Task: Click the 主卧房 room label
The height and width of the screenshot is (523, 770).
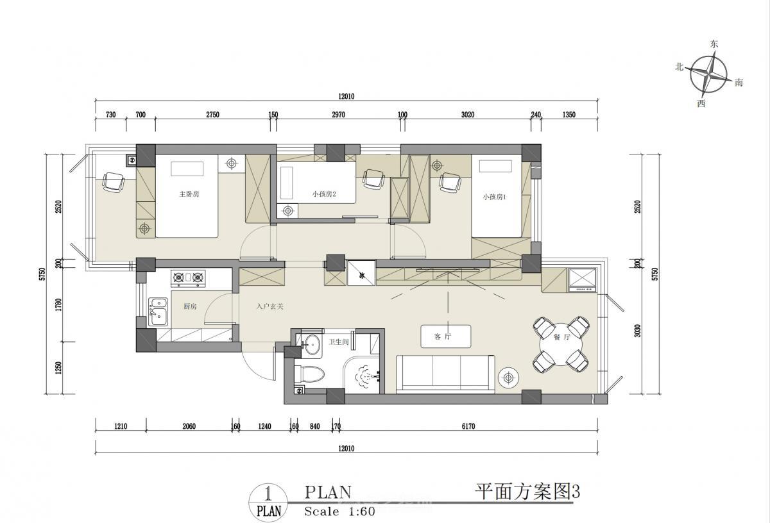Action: click(x=189, y=194)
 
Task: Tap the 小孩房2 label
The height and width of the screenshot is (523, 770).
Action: click(x=324, y=194)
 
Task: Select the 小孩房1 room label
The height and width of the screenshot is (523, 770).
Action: click(x=494, y=197)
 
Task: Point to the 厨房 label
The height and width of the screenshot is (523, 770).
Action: click(x=190, y=306)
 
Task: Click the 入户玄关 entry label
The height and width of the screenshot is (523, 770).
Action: click(x=270, y=306)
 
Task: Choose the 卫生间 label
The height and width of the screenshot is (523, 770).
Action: click(x=339, y=342)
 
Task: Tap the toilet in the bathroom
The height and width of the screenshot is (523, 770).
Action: click(x=309, y=374)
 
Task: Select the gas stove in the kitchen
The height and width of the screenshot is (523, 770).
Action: click(x=188, y=278)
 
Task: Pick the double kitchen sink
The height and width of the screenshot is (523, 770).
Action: click(x=158, y=311)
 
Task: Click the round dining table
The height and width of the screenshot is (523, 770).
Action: click(x=561, y=344)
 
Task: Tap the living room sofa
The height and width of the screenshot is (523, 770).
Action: click(x=445, y=374)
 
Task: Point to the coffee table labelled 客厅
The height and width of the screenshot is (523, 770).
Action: click(x=446, y=336)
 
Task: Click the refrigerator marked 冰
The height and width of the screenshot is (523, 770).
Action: click(x=361, y=273)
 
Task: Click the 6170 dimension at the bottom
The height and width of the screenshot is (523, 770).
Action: click(x=468, y=426)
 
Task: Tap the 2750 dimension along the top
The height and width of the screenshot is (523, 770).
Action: click(x=212, y=115)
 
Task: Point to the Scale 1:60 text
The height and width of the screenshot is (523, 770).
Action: click(x=339, y=511)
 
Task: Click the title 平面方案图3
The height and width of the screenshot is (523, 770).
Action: click(x=527, y=492)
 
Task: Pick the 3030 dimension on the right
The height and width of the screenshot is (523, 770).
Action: click(x=638, y=331)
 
